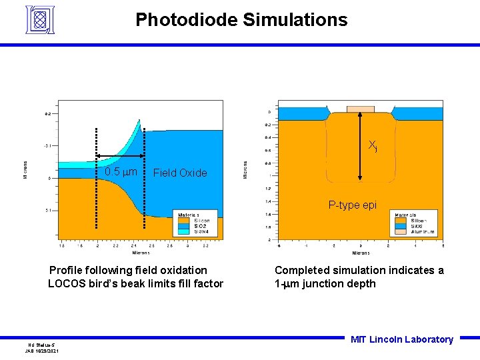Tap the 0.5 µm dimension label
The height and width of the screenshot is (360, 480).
tap(121, 173)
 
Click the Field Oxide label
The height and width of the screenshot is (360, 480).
tap(180, 173)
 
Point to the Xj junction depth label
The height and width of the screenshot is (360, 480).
tap(373, 145)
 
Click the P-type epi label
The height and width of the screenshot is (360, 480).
tap(352, 205)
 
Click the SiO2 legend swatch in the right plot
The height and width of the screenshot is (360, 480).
tap(401, 226)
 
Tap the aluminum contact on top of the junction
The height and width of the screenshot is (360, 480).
tap(361, 109)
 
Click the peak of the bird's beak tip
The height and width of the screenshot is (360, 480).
tap(140, 121)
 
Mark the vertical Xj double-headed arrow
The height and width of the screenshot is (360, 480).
tap(361, 147)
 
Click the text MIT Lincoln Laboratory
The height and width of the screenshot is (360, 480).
tap(401, 339)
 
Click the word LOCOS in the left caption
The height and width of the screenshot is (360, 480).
tap(66, 284)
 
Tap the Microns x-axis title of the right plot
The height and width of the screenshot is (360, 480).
tap(361, 253)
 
